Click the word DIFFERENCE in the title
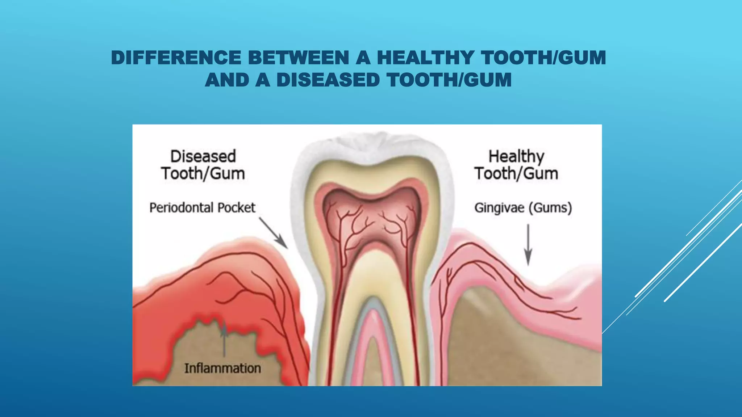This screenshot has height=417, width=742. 176,58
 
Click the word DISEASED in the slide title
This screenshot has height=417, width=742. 328,80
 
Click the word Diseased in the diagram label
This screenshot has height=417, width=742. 203,156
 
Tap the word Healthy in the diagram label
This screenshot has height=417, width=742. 516,156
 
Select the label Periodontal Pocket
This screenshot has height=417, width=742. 202,208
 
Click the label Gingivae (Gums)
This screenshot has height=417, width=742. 523,208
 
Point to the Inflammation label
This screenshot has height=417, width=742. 222,368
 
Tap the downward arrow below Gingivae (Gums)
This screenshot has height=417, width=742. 528,245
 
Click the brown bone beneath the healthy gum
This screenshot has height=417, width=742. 507,344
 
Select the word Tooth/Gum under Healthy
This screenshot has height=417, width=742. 516,174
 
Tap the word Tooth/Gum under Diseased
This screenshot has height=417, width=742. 203,174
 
